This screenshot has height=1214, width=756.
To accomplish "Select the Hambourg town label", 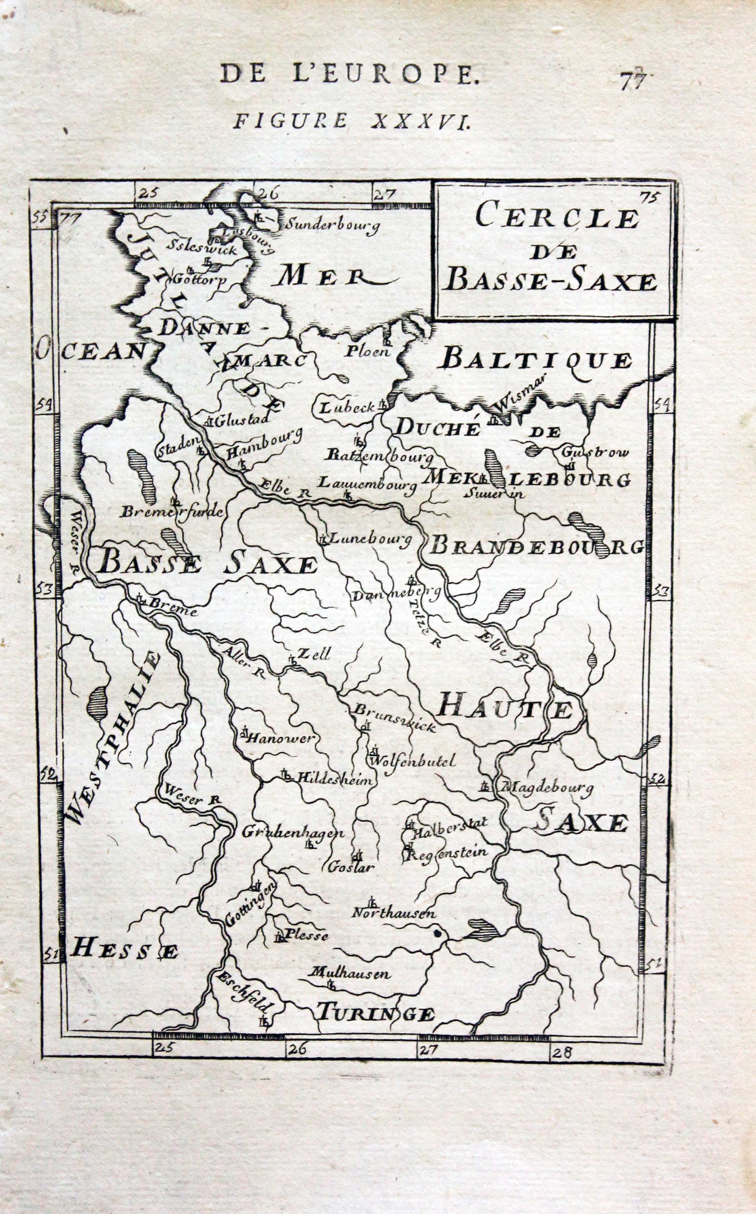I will (265, 444).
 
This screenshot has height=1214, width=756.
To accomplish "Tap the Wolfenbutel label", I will (413, 762).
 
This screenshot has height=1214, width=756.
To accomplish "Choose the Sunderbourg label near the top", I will (331, 226).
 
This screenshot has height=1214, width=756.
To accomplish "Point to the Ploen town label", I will (367, 351).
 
